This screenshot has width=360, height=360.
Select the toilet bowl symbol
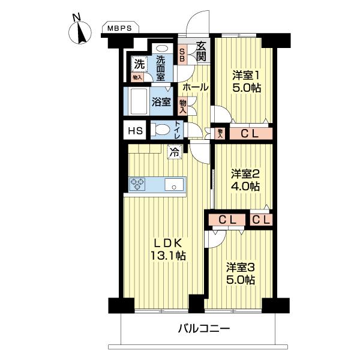click(x=161, y=128)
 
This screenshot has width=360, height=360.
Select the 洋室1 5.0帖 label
click(x=246, y=82)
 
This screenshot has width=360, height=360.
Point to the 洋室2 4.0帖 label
click(x=246, y=180)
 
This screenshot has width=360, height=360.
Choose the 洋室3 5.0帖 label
click(x=241, y=273)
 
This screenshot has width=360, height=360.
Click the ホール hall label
click(x=195, y=87)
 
